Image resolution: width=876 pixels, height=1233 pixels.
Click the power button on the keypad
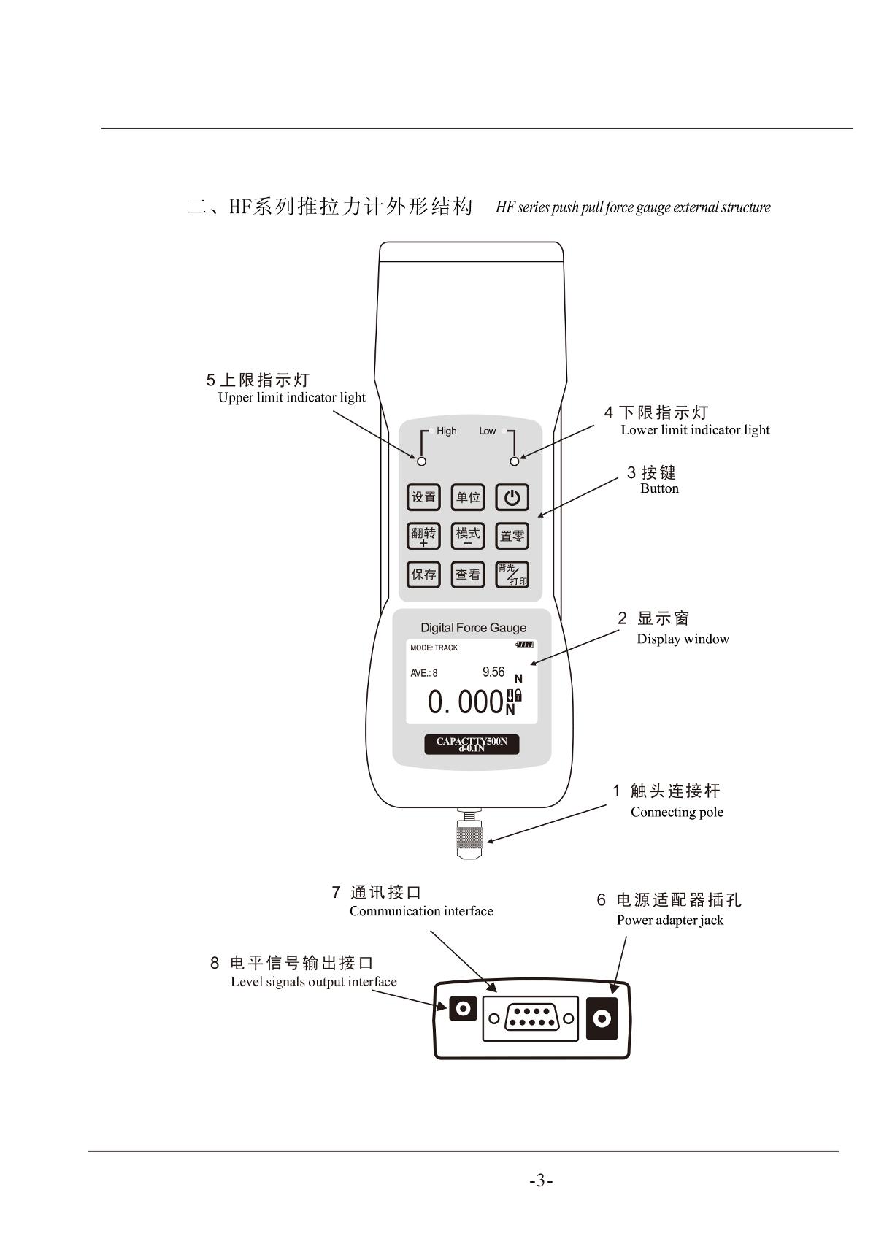[x=512, y=497]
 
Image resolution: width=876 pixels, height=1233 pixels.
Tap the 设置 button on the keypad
[x=423, y=497]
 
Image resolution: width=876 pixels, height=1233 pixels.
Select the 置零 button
[x=512, y=536]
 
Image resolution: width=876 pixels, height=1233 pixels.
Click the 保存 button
[x=423, y=574]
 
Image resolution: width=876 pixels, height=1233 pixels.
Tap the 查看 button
[x=467, y=574]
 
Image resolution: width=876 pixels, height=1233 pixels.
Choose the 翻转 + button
[x=423, y=536]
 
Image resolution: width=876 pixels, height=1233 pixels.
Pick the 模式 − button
[x=467, y=536]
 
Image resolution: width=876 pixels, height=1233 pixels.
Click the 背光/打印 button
[x=512, y=574]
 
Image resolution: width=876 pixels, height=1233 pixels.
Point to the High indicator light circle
[x=422, y=461]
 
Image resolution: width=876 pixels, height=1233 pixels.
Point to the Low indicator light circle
[x=514, y=461]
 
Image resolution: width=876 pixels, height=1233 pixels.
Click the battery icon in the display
[x=524, y=645]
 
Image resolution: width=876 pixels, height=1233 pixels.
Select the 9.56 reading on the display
[x=493, y=672]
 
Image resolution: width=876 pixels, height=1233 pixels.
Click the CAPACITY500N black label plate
[x=472, y=744]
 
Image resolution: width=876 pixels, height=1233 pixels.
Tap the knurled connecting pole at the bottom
[x=469, y=838]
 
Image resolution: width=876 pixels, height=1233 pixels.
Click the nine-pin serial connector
[x=531, y=1018]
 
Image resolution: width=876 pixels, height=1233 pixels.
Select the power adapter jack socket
[x=602, y=1019]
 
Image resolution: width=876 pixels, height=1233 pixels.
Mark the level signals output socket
[x=463, y=1009]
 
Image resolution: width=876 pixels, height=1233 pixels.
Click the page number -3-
[x=541, y=1180]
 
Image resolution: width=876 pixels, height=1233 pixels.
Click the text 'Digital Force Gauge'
[x=473, y=628]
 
